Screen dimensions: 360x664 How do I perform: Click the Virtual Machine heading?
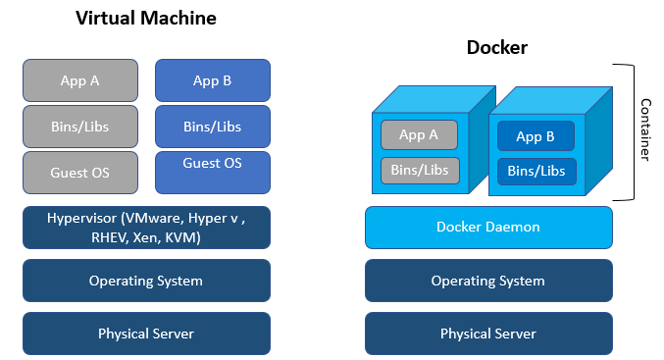(x=145, y=19)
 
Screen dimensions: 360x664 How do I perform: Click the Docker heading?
(x=497, y=47)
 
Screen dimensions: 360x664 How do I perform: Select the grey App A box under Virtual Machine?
(x=80, y=80)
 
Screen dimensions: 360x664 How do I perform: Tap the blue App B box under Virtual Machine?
(x=212, y=80)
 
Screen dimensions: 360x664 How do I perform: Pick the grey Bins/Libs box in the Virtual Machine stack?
(x=80, y=127)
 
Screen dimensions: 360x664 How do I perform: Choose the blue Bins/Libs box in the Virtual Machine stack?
(x=212, y=127)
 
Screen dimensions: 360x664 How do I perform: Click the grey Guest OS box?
(x=80, y=173)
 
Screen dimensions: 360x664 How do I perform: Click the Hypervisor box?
(x=145, y=228)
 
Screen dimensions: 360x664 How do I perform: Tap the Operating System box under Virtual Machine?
(x=145, y=281)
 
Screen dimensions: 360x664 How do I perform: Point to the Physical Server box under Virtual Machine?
(x=145, y=334)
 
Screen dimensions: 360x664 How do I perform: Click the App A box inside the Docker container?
(x=419, y=135)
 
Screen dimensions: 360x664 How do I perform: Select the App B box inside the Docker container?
(x=536, y=136)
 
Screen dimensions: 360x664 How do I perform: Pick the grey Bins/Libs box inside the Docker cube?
(x=419, y=171)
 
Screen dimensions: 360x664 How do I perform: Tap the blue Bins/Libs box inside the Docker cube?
(x=536, y=172)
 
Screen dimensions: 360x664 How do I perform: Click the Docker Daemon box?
(x=488, y=228)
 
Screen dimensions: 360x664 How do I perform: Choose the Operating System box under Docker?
(x=488, y=281)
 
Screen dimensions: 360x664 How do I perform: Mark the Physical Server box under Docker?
(x=488, y=334)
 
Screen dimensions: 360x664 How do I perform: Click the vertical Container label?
(x=646, y=130)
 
